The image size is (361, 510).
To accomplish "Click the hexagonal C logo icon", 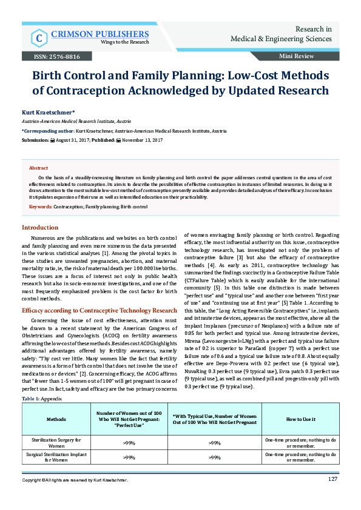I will click(38, 38).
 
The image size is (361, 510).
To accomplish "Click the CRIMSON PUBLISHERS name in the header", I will click(100, 34).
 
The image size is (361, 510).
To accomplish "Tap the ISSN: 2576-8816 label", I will click(52, 56).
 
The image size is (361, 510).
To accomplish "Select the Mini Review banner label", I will click(296, 56).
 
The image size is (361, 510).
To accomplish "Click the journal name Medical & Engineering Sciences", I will click(281, 39).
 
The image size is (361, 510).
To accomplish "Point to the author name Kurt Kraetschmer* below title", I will click(40, 113).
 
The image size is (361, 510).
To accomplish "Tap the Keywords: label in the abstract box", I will click(41, 207).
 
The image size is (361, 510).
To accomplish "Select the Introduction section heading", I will click(40, 227).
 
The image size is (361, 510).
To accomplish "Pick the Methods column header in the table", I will click(57, 419).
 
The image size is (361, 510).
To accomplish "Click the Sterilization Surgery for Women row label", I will click(57, 442).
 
